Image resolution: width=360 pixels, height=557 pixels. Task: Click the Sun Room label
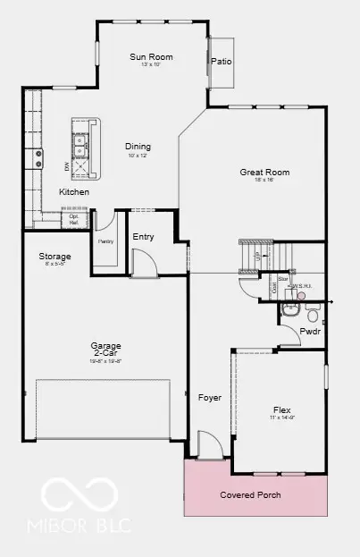(151, 57)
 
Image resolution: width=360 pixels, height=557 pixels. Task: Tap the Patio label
(221, 62)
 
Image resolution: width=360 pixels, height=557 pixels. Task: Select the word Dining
(138, 147)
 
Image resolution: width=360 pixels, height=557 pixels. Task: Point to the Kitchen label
(74, 192)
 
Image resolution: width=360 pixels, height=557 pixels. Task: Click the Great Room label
(264, 173)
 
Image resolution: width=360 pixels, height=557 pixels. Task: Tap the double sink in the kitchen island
(81, 140)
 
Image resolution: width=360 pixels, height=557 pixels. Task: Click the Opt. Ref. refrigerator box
(73, 217)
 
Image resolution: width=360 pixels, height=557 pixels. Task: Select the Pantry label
(105, 241)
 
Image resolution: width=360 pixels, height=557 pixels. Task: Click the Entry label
(143, 237)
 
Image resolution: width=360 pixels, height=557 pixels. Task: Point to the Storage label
(54, 257)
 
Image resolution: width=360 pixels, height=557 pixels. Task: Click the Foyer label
(209, 396)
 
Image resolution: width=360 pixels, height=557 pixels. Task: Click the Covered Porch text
(251, 494)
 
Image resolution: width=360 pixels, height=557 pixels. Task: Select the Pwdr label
(310, 331)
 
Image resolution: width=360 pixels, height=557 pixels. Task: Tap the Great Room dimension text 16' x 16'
(264, 181)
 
